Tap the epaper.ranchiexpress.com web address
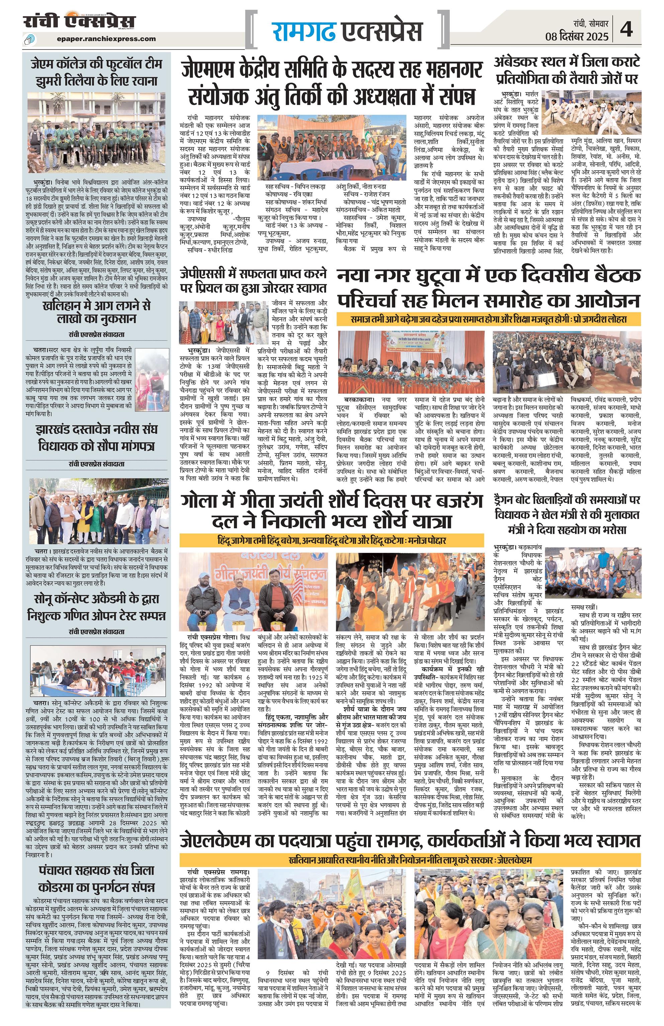tap(106, 39)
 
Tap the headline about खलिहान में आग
tap(97, 312)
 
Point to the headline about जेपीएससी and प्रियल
tap(254, 281)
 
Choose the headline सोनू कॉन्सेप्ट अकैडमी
tap(97, 607)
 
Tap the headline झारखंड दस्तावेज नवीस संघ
tap(97, 437)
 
